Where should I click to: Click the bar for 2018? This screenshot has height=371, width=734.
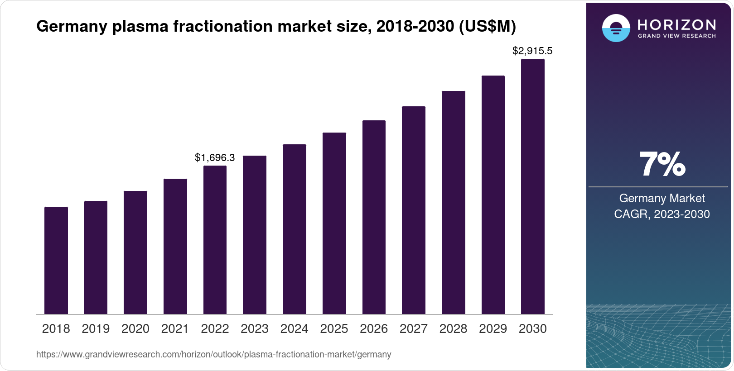coord(56,261)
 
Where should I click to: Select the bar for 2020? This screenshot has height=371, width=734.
coord(135,252)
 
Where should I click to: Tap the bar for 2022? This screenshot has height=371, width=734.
coord(215,240)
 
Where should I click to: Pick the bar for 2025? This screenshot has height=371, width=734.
coord(334,224)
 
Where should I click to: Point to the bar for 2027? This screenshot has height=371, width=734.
coord(414,210)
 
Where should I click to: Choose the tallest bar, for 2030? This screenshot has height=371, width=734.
coord(533,186)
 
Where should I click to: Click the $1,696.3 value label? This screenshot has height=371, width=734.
coord(215,157)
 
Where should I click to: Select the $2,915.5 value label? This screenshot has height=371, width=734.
coord(532,51)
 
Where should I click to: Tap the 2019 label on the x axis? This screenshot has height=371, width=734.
coord(96,329)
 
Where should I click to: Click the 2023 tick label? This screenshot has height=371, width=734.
coord(255,329)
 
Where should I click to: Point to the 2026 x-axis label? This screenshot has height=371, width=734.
coord(374,329)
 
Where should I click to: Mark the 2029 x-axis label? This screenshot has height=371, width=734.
coord(493,329)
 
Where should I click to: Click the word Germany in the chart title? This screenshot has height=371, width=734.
coord(72,27)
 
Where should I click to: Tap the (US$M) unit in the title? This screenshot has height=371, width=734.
coord(488,27)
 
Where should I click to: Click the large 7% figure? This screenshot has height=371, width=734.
coord(662,165)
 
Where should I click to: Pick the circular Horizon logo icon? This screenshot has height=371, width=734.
coord(616,29)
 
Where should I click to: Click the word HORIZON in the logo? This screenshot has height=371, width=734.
coord(677,24)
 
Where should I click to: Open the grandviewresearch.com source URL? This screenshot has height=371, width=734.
coord(213,355)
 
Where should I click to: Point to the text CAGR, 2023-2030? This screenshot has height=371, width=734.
coord(662,214)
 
